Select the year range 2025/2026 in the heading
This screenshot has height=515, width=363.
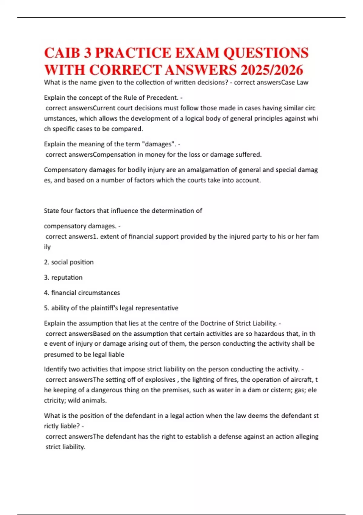coord(272,70)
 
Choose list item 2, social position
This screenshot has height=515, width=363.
coord(69,262)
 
